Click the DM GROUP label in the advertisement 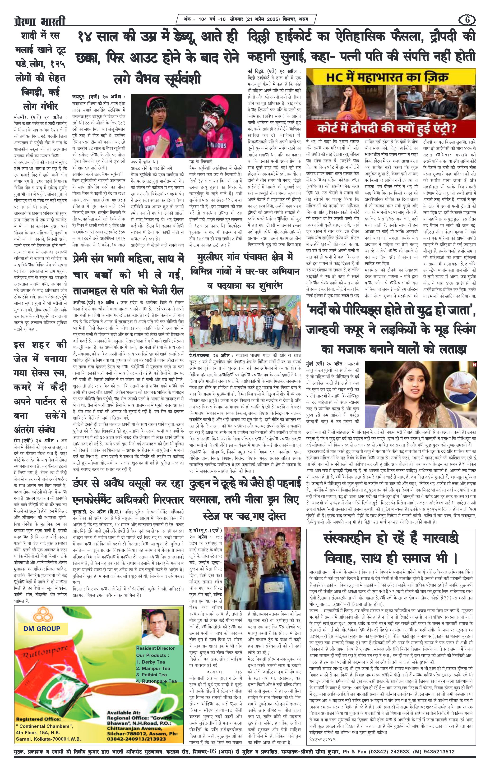(x=42, y=628)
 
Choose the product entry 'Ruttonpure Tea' (x=156, y=672)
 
